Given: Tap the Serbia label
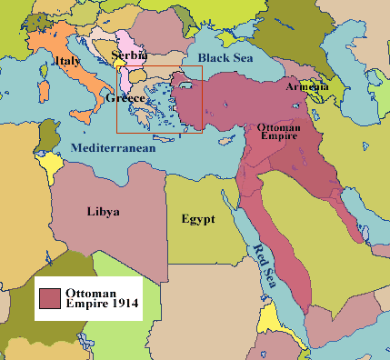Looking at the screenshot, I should [127, 55].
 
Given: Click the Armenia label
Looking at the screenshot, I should [307, 86].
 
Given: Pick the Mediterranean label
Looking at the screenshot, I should [114, 146].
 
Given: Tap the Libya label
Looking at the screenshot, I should [103, 212].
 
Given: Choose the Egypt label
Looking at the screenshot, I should [197, 219].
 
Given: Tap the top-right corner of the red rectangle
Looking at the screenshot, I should [201, 67].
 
